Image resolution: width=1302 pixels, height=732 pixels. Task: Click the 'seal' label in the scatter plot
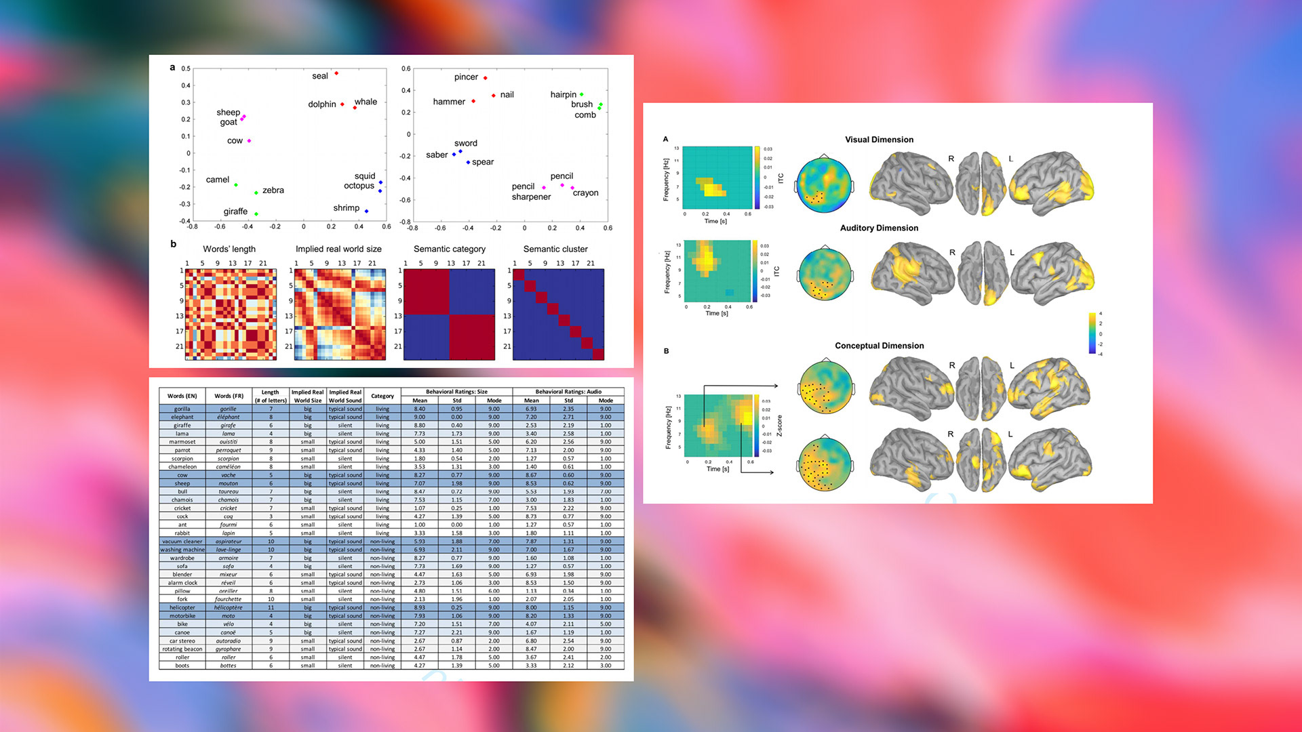pos(320,76)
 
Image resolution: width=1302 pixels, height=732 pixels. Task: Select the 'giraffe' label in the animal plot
pos(235,211)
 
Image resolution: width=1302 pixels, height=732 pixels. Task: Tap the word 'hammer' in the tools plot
pos(449,102)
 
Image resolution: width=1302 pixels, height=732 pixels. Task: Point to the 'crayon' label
pos(585,193)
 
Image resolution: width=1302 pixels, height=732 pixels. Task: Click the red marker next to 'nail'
pos(494,96)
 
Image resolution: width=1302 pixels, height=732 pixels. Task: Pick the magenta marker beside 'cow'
pos(250,141)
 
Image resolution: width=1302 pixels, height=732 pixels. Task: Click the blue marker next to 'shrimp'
pos(367,211)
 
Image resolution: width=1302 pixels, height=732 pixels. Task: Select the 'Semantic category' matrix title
pos(450,249)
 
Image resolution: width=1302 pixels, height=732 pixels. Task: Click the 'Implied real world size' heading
pos(338,249)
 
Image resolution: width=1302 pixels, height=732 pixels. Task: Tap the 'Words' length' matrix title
pos(229,249)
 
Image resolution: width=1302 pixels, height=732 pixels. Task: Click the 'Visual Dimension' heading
pos(879,140)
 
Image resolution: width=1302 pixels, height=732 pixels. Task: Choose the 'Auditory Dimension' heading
pos(879,228)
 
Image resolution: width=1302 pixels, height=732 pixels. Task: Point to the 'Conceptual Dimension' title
pos(879,346)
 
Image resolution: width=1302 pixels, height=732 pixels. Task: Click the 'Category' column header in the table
pos(382,396)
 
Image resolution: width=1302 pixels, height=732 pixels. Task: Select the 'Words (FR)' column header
pos(229,396)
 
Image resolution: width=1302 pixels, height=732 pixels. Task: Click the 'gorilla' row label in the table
pos(182,409)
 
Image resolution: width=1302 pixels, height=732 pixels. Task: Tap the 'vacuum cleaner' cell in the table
pos(182,542)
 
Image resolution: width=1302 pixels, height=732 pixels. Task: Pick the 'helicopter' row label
pos(182,608)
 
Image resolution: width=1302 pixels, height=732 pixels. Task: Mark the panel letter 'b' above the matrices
pos(174,244)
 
